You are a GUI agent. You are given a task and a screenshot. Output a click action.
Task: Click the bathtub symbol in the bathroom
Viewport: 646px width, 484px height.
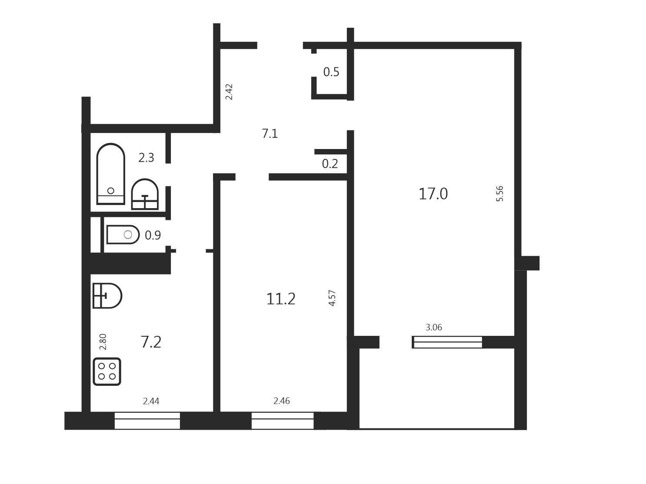[x=111, y=174]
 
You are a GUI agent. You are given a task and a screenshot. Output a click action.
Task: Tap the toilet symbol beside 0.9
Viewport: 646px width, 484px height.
[x=123, y=234]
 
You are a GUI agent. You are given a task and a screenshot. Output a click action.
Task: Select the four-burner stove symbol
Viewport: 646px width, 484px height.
[x=107, y=371]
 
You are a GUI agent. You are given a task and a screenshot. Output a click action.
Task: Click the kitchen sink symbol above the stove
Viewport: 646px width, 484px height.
[x=107, y=295]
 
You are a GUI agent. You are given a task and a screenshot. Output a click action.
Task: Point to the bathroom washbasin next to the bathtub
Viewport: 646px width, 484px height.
[x=145, y=194]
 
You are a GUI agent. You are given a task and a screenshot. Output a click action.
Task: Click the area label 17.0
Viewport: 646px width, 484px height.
[x=433, y=194]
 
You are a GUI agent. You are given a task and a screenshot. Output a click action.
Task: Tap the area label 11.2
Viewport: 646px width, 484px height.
[x=281, y=299]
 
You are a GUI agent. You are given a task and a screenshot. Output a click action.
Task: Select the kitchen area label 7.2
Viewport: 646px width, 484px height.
[x=151, y=342]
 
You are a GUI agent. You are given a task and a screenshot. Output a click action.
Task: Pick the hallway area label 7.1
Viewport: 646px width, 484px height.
[x=270, y=134]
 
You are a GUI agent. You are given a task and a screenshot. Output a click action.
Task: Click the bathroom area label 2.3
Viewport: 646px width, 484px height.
[x=146, y=158]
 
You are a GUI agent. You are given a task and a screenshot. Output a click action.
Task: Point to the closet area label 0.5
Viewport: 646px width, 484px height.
[x=331, y=72]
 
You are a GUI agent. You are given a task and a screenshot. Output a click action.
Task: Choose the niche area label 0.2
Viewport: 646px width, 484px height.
[x=330, y=164]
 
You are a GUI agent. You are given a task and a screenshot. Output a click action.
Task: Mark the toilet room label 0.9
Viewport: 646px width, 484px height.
[x=153, y=235]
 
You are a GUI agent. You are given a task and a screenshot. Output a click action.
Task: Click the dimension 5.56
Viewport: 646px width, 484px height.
[x=500, y=193]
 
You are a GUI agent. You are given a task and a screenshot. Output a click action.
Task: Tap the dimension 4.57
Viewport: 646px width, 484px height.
[x=332, y=298]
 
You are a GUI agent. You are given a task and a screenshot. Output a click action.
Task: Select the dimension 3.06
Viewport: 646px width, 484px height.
[x=434, y=327]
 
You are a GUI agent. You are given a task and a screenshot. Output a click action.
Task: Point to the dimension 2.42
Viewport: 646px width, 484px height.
[x=229, y=92]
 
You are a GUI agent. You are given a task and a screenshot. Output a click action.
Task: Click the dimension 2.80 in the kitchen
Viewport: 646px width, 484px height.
[x=103, y=341]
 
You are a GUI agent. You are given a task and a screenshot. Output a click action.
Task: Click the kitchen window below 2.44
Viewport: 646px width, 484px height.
[x=147, y=421]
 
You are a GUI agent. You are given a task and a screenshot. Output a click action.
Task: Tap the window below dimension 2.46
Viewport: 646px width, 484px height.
[x=283, y=421]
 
